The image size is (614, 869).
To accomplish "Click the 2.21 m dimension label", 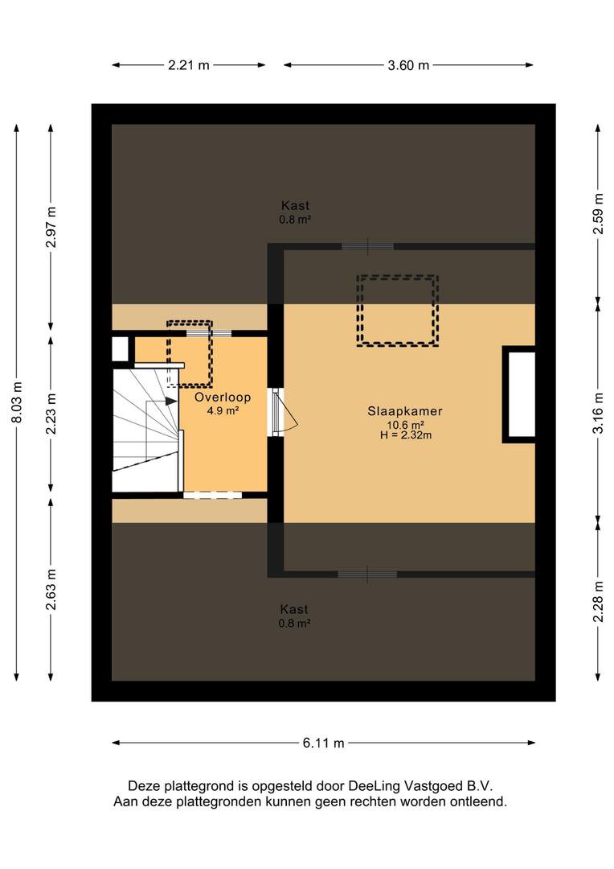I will (x=189, y=66).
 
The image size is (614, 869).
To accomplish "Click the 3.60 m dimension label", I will (x=408, y=66).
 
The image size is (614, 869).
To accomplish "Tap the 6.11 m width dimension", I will (x=323, y=743).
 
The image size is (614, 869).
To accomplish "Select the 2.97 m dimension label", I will (x=51, y=229).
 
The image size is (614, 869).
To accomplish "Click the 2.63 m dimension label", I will (x=51, y=590).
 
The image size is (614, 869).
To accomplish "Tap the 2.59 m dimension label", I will (x=597, y=214).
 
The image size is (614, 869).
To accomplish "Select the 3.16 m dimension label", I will (x=597, y=414).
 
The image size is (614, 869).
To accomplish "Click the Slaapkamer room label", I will (x=405, y=410).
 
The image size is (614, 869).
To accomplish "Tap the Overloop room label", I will (x=223, y=397).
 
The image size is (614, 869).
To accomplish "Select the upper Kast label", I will (x=295, y=205).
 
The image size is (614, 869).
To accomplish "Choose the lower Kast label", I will (x=295, y=609).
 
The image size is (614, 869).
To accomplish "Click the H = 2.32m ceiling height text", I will (x=406, y=435).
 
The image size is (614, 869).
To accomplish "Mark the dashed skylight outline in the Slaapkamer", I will (x=398, y=311).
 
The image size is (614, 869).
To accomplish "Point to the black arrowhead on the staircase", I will (x=171, y=400).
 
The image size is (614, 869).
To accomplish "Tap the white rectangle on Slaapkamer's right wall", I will (x=520, y=394).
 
